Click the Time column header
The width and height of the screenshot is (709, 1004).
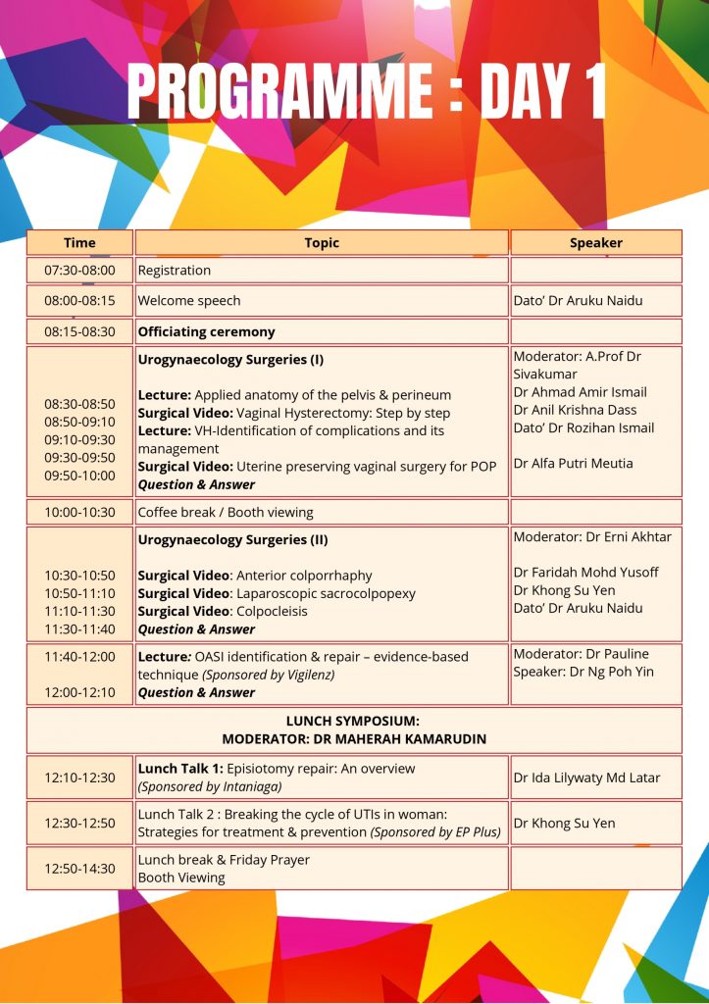click(x=79, y=242)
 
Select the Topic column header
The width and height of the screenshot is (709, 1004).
click(x=322, y=242)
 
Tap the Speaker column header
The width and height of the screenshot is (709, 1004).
click(x=596, y=242)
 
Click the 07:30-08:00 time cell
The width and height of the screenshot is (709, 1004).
click(x=79, y=270)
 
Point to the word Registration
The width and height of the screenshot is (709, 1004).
click(x=175, y=270)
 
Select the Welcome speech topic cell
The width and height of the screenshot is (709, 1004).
click(x=189, y=300)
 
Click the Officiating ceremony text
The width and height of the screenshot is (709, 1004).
click(x=207, y=331)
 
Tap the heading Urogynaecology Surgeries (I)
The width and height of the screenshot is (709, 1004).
click(x=230, y=359)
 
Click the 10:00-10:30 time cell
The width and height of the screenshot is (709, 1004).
click(x=79, y=512)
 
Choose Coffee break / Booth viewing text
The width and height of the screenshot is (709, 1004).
click(x=226, y=512)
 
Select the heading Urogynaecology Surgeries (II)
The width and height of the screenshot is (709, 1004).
click(x=232, y=539)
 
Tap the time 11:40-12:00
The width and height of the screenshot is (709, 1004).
click(x=79, y=656)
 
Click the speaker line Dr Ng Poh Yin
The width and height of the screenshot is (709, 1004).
click(x=582, y=672)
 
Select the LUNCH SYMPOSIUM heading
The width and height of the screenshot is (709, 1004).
click(x=353, y=721)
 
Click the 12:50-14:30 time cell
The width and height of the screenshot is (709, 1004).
click(x=79, y=868)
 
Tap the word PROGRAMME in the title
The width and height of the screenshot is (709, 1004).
click(x=279, y=93)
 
